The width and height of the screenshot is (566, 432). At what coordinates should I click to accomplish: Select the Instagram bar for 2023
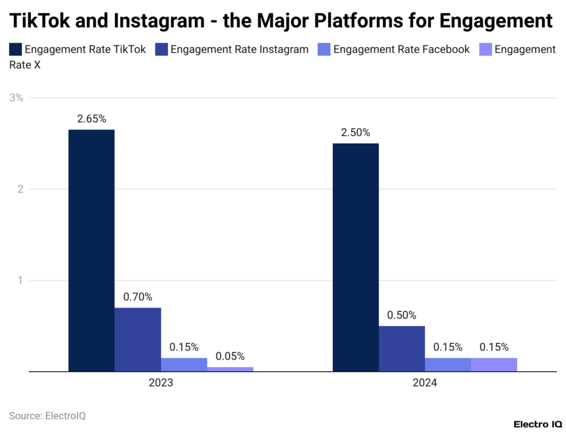pyautogui.click(x=138, y=339)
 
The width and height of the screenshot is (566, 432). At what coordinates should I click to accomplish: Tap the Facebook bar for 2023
pyautogui.click(x=184, y=365)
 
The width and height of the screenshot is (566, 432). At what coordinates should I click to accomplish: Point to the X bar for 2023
pyautogui.click(x=230, y=369)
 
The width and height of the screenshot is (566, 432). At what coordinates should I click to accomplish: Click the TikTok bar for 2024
pyautogui.click(x=355, y=257)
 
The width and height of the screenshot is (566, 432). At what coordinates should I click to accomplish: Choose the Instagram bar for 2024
pyautogui.click(x=402, y=348)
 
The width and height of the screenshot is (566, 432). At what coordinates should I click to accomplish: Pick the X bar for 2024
pyautogui.click(x=494, y=365)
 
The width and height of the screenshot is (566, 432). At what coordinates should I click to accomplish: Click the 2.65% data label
pyautogui.click(x=92, y=119)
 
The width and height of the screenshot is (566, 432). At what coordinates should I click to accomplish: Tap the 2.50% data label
pyautogui.click(x=355, y=133)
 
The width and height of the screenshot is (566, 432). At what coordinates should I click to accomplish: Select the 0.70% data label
pyautogui.click(x=138, y=297)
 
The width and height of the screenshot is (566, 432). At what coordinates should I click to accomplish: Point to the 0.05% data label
pyautogui.click(x=230, y=356)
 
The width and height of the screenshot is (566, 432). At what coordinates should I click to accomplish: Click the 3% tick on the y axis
pyautogui.click(x=17, y=98)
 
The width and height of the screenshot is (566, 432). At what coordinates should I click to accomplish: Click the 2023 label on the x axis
pyautogui.click(x=161, y=383)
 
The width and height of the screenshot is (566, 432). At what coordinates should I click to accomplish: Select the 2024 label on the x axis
pyautogui.click(x=424, y=383)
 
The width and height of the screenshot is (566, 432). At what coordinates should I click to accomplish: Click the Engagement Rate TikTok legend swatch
pyautogui.click(x=15, y=50)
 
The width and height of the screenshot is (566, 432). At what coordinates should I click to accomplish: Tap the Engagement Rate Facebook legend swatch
pyautogui.click(x=324, y=50)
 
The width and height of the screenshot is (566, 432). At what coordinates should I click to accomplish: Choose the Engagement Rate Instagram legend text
pyautogui.click(x=239, y=50)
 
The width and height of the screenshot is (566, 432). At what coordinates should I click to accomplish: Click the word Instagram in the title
pyautogui.click(x=158, y=20)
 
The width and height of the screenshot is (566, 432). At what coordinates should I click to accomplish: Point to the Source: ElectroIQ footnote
pyautogui.click(x=48, y=415)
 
